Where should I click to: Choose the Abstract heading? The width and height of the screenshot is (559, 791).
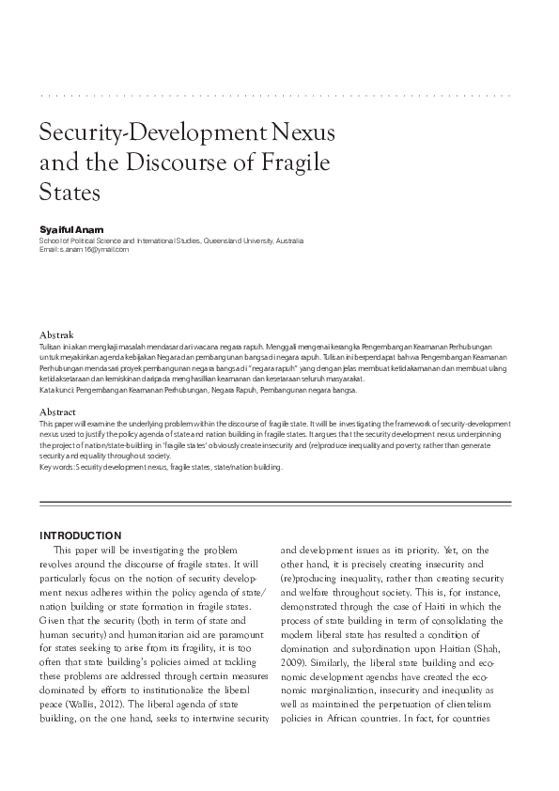pyautogui.click(x=57, y=412)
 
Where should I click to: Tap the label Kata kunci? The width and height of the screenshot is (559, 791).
pyautogui.click(x=55, y=389)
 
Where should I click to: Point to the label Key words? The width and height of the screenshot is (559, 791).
pyautogui.click(x=55, y=467)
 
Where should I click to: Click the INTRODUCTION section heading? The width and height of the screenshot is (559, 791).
pyautogui.click(x=80, y=535)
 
